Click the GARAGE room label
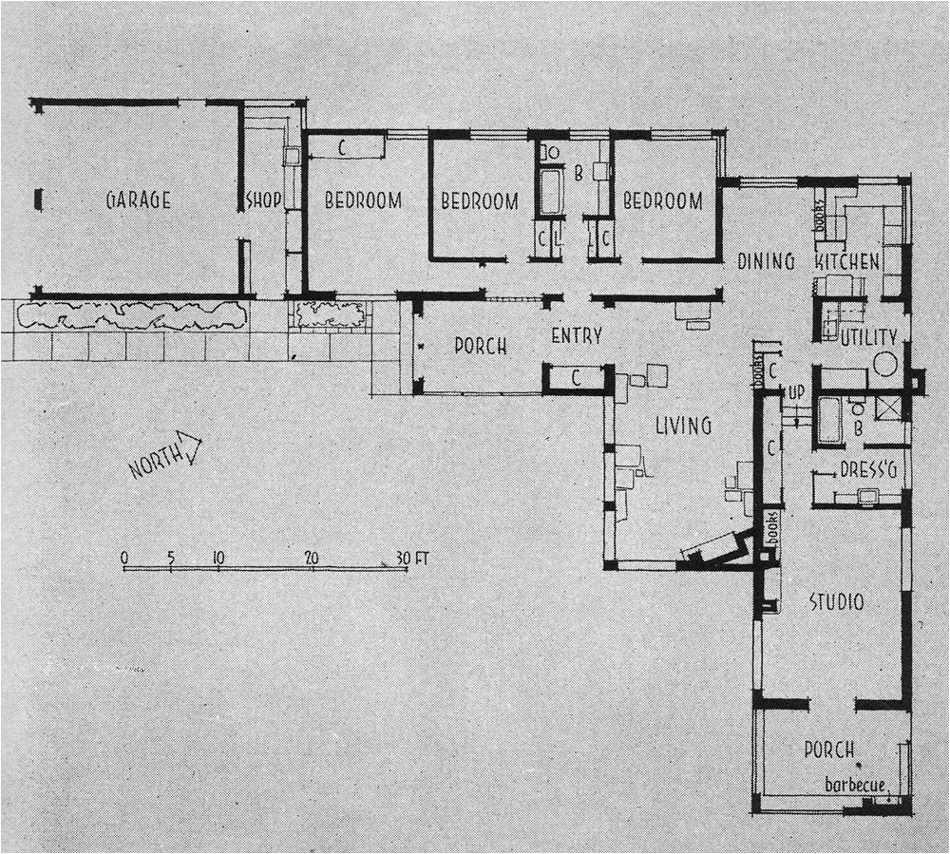click(x=139, y=200)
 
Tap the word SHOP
click(x=264, y=201)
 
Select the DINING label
click(x=766, y=261)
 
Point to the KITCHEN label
click(x=847, y=261)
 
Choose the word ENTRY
click(x=577, y=336)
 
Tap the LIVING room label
click(x=683, y=426)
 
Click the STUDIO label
click(x=836, y=602)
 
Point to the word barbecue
click(x=855, y=786)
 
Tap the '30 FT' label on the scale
click(x=412, y=559)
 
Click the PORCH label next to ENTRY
click(x=480, y=346)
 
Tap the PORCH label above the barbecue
click(x=829, y=750)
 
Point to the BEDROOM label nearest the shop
click(x=363, y=200)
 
